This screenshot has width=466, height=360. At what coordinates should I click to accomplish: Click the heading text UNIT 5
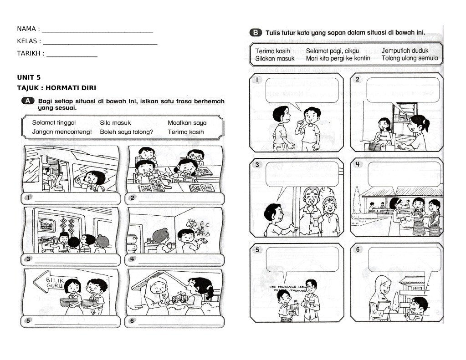click(29, 77)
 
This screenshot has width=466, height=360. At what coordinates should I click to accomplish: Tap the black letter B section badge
click(256, 33)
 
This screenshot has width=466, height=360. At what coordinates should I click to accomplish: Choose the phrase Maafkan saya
click(187, 123)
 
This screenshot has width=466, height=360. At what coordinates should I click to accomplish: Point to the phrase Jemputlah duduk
click(405, 51)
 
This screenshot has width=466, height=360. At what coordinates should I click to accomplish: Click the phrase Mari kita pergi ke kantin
click(338, 58)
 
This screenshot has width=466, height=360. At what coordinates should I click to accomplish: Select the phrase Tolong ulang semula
click(410, 58)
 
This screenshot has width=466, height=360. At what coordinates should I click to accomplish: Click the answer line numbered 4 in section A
click(179, 260)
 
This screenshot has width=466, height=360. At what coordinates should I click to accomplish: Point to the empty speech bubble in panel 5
click(302, 259)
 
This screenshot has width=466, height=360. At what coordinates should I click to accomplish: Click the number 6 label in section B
click(358, 249)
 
